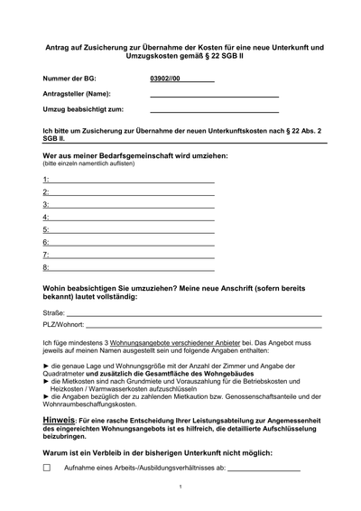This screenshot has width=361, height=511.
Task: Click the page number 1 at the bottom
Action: [x=180, y=487]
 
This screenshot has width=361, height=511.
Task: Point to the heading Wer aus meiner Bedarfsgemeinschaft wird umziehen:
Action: [x=134, y=154]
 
